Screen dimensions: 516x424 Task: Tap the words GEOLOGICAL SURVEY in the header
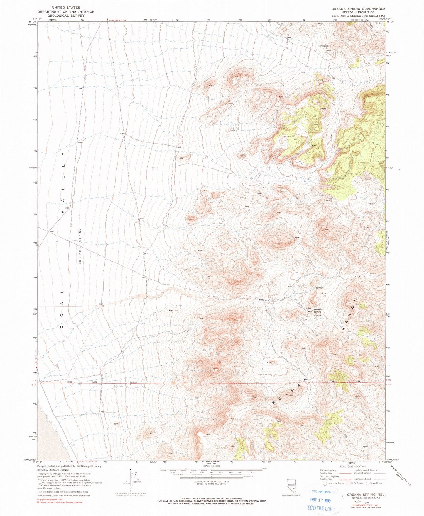[x=66, y=16]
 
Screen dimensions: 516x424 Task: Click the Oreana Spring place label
[x=318, y=311]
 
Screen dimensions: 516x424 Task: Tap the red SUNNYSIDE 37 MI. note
[x=117, y=20]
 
